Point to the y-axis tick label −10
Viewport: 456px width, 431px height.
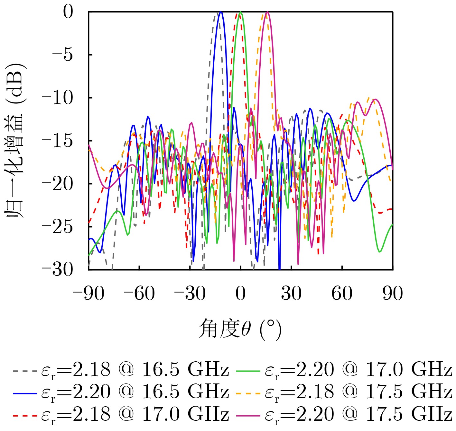click(x=58, y=98)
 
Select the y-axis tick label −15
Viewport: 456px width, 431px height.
click(x=58, y=141)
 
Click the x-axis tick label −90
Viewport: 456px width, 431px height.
click(x=88, y=294)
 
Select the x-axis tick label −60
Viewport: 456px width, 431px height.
click(x=139, y=294)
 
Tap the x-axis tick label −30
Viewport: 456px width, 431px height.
click(x=190, y=294)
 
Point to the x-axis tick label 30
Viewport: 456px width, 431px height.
click(x=291, y=294)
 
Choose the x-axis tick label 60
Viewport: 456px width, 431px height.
click(x=342, y=294)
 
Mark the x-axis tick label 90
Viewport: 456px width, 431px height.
click(x=393, y=294)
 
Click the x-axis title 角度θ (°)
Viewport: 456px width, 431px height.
click(x=240, y=330)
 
